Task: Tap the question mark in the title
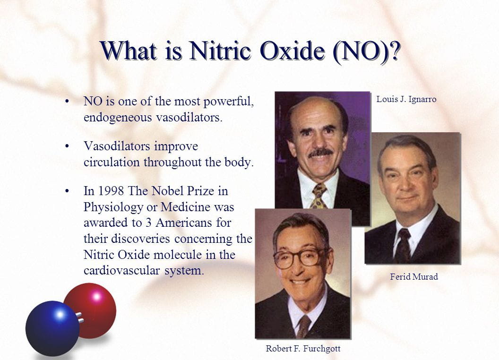tap(395, 51)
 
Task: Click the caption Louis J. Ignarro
tap(406, 99)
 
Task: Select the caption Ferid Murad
tap(414, 276)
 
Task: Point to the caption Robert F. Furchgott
tap(303, 349)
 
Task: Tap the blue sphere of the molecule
tap(52, 328)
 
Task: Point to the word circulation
tap(112, 162)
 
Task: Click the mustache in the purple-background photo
tap(320, 153)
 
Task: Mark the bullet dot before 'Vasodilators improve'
tap(67, 146)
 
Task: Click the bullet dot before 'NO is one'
tap(67, 102)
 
